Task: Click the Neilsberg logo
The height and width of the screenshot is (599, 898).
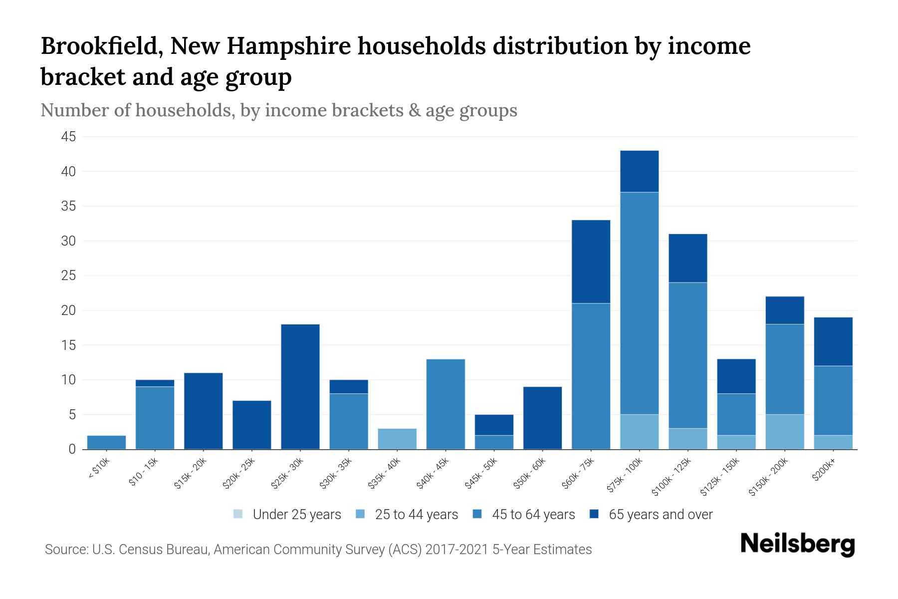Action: point(797,544)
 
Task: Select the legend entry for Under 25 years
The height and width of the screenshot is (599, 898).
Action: point(287,515)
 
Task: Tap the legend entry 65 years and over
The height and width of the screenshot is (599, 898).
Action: point(651,515)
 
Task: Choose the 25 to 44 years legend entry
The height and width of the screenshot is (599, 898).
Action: point(407,515)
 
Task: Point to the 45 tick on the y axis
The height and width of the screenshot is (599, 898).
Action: point(69,137)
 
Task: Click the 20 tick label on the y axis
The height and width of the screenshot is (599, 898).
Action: point(69,310)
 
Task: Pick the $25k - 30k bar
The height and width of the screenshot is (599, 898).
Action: point(300,387)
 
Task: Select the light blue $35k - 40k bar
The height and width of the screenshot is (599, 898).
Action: point(397,439)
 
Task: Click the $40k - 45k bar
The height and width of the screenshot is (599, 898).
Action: point(446,404)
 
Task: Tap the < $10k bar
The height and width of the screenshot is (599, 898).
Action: point(106,442)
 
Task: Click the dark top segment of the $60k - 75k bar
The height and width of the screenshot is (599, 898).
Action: point(591,262)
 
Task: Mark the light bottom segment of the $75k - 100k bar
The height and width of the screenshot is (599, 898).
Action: point(639,432)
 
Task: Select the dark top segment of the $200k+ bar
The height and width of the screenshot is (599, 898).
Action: point(833,341)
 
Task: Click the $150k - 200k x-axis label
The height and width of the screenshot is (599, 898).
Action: point(768,479)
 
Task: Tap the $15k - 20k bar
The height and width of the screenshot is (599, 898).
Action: point(204,411)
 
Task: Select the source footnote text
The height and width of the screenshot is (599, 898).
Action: point(318,550)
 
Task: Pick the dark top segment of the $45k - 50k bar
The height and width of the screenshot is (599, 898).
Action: point(494,425)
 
